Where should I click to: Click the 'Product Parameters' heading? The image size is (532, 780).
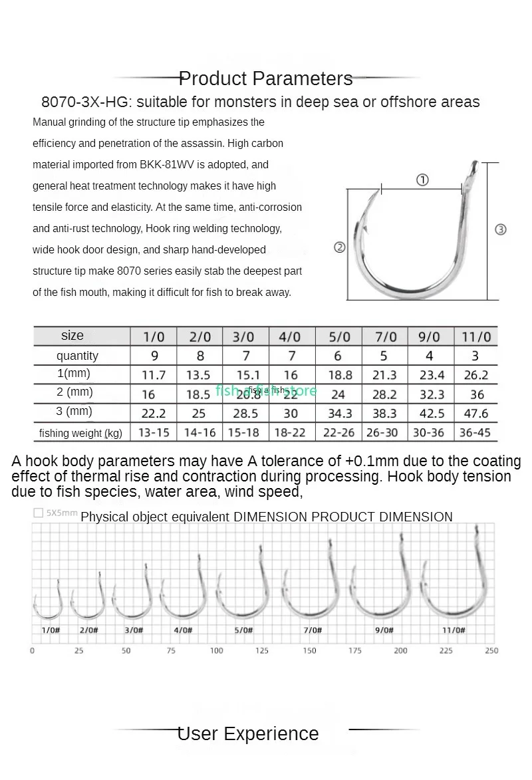[266, 78]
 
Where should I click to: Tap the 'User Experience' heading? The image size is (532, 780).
[248, 733]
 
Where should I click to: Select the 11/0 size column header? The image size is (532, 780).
[476, 336]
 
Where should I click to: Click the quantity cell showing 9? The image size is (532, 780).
[154, 356]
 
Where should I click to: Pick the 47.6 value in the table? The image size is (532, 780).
[476, 413]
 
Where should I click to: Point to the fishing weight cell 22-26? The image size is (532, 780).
[338, 432]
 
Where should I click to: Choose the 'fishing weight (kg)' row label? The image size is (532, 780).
[80, 433]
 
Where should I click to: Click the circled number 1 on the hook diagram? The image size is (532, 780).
[422, 180]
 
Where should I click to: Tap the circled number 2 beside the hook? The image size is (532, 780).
[339, 247]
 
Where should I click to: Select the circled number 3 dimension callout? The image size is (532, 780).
[501, 229]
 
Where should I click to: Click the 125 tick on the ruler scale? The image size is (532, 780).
[263, 650]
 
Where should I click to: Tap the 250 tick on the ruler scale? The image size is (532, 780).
[491, 650]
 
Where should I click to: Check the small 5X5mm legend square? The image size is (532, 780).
[38, 513]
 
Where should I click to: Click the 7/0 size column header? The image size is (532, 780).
[384, 336]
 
